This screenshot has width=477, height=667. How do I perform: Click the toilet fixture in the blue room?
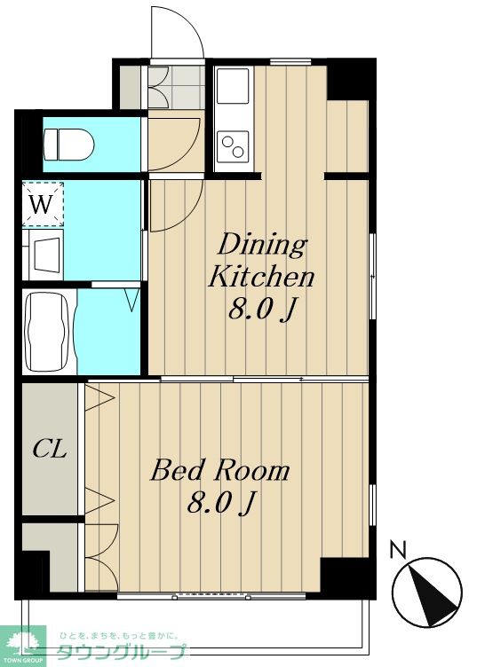[68, 145]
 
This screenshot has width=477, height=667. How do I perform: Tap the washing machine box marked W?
[43, 204]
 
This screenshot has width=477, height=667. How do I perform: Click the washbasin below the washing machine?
[46, 255]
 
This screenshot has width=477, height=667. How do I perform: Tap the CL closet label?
[50, 448]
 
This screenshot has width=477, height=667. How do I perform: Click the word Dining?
[262, 246]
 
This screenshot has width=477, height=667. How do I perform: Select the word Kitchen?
[260, 277]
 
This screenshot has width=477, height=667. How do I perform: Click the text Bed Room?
[220, 470]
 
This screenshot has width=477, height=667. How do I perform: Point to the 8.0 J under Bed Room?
[221, 502]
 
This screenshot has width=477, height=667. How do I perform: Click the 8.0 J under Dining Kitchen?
[262, 308]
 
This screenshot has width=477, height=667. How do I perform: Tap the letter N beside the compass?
[398, 549]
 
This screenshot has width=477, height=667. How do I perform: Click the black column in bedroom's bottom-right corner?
[348, 577]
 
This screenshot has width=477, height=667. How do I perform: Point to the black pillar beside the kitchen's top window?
[351, 79]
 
